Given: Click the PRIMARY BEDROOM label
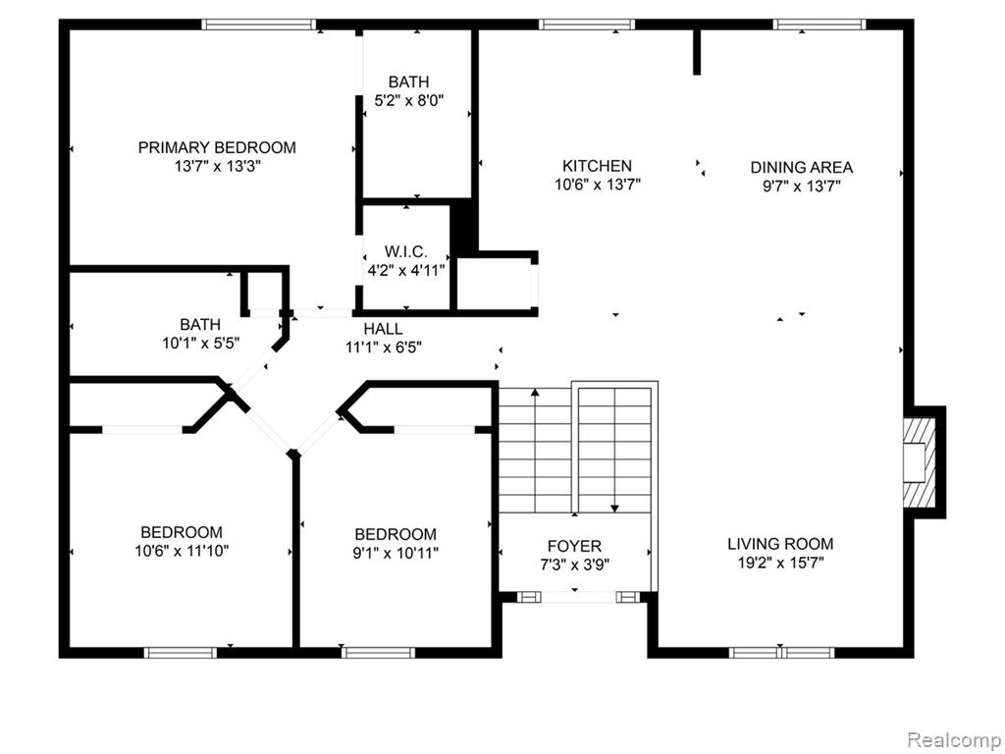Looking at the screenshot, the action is click(x=217, y=147).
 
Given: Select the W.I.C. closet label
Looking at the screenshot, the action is click(x=405, y=250).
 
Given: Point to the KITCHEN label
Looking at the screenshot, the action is click(x=598, y=166).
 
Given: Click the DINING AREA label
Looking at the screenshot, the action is click(x=802, y=167).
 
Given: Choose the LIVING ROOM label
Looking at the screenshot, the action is click(x=780, y=544).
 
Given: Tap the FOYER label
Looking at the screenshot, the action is click(x=574, y=546).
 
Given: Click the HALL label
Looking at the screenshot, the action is click(x=384, y=329).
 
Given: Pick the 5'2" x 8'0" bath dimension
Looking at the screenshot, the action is click(x=409, y=101).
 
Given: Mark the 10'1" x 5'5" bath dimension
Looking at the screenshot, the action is click(x=200, y=343).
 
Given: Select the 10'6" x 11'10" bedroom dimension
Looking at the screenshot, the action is click(x=182, y=551).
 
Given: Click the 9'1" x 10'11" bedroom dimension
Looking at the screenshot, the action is click(x=396, y=553).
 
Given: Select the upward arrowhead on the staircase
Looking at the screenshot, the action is click(x=535, y=393).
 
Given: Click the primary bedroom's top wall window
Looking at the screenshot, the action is click(x=259, y=25).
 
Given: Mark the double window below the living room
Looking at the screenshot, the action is click(x=781, y=653).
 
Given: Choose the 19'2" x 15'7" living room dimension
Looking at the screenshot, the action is click(x=780, y=563).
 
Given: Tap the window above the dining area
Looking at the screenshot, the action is click(x=820, y=25).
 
